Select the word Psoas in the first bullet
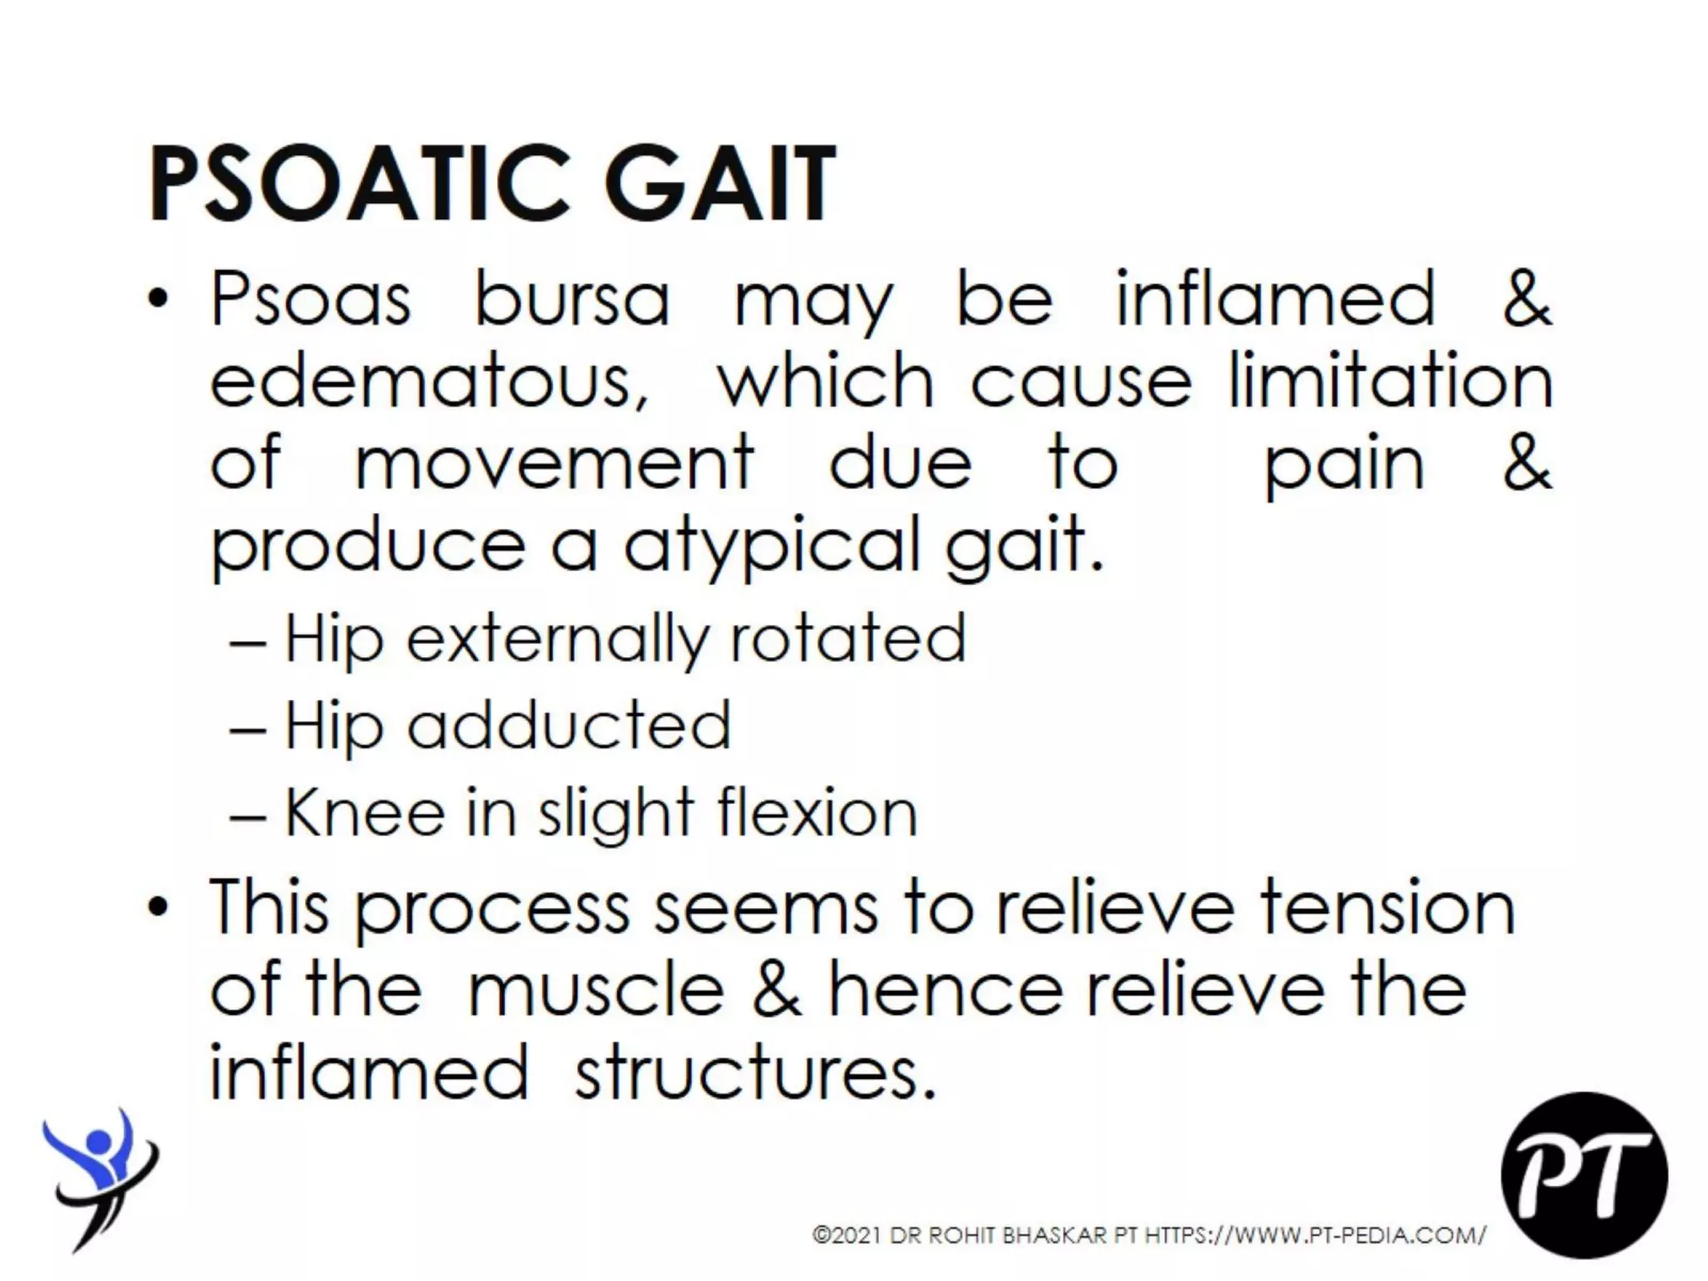tap(311, 299)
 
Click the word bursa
tap(572, 298)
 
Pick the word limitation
tap(1390, 380)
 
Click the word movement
tap(555, 463)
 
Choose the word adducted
tap(569, 725)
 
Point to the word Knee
tap(364, 812)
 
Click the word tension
tap(1387, 907)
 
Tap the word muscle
tap(596, 991)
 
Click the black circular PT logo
tap(1584, 1174)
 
